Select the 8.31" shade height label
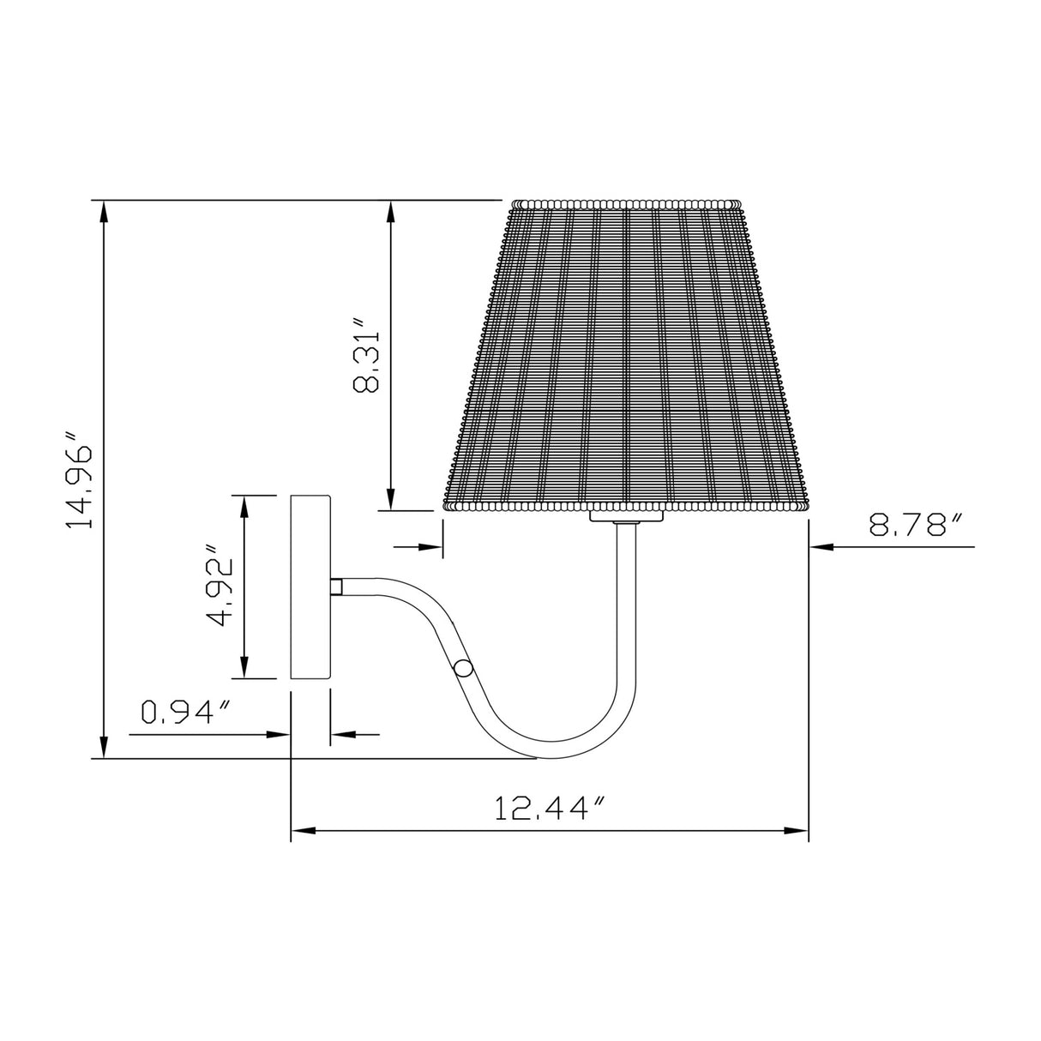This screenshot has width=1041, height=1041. click(x=366, y=355)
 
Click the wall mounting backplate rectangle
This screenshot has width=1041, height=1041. click(x=310, y=587)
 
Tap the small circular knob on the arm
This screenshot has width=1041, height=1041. click(x=463, y=668)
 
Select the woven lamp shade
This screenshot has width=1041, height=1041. click(x=626, y=355)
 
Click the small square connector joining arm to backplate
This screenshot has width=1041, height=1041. click(x=336, y=587)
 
